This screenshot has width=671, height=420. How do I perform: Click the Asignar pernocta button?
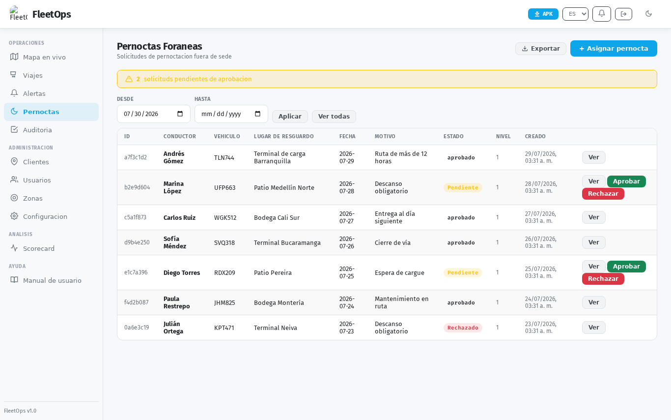614,48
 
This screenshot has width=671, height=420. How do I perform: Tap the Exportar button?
541,49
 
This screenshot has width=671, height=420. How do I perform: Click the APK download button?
543,14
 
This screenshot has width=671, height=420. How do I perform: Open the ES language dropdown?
575,14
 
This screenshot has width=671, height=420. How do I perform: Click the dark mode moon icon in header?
648,14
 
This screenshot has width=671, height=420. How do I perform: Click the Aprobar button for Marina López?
626,181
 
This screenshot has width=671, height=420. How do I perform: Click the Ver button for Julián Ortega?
594,328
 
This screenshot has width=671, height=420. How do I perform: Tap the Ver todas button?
334,117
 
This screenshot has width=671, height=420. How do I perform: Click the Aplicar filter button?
290,117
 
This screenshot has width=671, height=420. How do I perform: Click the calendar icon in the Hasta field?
257,114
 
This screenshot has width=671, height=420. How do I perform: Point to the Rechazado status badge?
463,328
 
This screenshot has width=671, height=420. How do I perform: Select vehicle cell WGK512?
225,217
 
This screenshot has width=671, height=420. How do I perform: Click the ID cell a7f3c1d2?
136,157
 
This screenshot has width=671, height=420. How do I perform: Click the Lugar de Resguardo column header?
284,136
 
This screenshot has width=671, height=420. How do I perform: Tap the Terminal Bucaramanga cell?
287,242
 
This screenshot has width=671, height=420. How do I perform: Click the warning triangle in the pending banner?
129,79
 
